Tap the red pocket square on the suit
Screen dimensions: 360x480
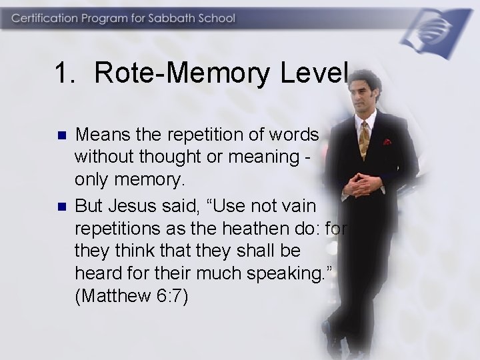tap(387, 141)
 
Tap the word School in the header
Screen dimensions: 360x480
tap(215, 19)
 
